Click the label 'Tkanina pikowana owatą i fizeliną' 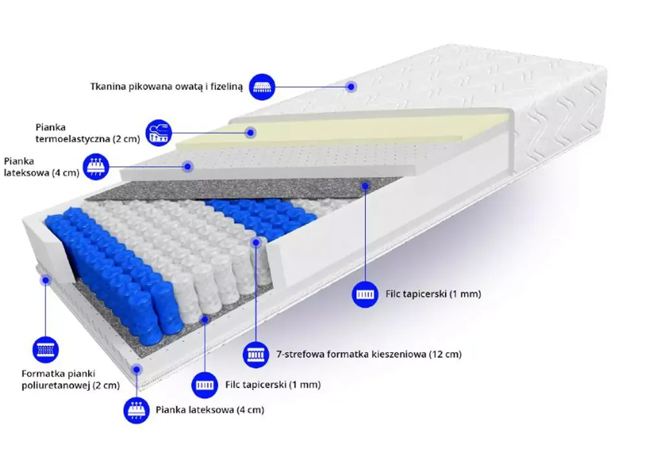tap(167, 87)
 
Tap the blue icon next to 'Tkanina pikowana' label tap(262, 87)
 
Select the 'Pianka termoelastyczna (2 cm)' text tap(87, 133)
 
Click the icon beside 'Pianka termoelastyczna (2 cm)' tap(159, 133)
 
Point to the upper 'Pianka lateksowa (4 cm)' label tap(41, 167)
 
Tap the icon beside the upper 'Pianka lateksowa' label tap(97, 167)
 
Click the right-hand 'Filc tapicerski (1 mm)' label tap(433, 294)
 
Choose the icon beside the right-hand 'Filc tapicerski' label tap(365, 294)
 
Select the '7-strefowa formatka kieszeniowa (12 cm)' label tap(369, 355)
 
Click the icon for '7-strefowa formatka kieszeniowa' tap(255, 355)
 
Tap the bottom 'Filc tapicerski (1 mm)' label tap(273, 385)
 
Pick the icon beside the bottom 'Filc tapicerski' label tap(205, 385)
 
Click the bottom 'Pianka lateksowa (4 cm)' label tap(210, 410)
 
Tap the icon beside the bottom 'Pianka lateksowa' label tap(136, 410)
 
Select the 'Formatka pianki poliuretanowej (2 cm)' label tap(71, 379)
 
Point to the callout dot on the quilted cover tap(351, 87)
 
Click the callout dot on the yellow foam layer tap(250, 133)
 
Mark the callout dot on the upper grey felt tap(365, 186)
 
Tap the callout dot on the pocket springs tap(256, 243)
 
